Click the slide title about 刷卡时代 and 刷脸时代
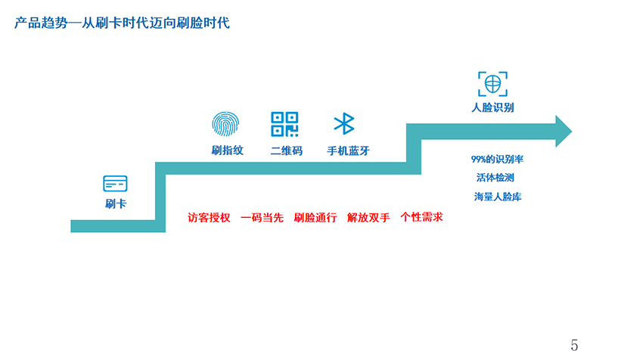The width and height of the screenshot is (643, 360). click(x=122, y=23)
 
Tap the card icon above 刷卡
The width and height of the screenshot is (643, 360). click(x=115, y=183)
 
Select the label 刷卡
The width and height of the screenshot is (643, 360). click(x=115, y=203)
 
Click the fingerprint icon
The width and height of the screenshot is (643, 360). click(x=224, y=124)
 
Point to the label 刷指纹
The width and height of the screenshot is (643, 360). click(x=227, y=150)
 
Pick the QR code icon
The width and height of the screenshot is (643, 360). click(x=284, y=124)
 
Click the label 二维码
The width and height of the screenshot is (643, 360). click(x=286, y=151)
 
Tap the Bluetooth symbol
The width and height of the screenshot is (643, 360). click(x=344, y=124)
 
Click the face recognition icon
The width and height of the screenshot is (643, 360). click(x=492, y=83)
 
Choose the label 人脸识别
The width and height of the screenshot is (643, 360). click(x=492, y=107)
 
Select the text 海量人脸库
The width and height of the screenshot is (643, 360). click(x=498, y=197)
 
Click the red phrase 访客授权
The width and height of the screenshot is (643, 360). click(x=208, y=218)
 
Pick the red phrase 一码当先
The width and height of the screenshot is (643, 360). click(x=262, y=218)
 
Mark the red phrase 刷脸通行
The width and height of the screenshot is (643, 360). click(x=315, y=218)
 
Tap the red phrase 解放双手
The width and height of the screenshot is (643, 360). click(x=368, y=218)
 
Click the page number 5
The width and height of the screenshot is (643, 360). click(x=574, y=346)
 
